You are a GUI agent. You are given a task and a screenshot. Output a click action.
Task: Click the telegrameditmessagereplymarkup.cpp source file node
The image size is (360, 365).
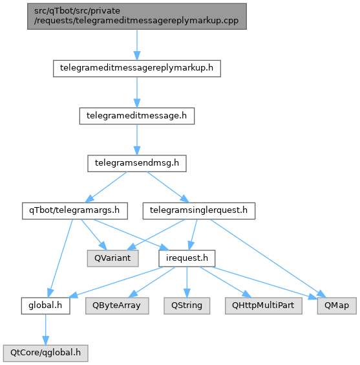click(137, 16)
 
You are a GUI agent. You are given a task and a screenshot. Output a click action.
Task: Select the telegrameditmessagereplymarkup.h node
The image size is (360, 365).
click(137, 69)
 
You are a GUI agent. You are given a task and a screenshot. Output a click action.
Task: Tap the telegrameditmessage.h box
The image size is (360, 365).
click(137, 116)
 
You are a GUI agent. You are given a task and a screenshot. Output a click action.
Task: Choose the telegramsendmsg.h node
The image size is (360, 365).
click(137, 164)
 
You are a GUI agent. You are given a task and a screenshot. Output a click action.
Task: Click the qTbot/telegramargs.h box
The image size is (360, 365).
click(75, 211)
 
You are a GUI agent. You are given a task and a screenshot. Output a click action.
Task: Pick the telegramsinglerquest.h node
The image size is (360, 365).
click(199, 211)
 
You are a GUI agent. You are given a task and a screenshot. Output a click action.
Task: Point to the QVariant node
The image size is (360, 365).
click(113, 258)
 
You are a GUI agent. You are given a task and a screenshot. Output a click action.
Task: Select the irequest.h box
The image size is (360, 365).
click(187, 258)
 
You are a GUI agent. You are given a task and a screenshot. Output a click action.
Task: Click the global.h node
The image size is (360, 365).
click(45, 306)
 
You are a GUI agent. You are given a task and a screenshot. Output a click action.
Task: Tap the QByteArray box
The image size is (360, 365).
click(117, 306)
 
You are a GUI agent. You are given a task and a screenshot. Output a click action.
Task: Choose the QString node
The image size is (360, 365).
click(187, 306)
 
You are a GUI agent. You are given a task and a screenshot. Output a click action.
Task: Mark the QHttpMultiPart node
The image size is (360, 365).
click(264, 306)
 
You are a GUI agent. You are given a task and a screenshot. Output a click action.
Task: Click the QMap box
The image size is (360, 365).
click(337, 306)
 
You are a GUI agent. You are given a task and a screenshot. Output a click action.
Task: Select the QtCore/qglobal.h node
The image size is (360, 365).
click(45, 353)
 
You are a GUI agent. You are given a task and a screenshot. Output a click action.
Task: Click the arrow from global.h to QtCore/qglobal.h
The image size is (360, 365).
click(45, 329)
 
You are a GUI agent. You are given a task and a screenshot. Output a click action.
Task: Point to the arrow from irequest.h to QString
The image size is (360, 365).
click(187, 282)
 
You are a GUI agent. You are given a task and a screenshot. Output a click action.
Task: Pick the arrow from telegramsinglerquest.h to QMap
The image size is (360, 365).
click(268, 258)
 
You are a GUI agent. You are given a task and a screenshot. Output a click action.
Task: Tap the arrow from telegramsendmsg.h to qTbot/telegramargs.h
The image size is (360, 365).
click(106, 187)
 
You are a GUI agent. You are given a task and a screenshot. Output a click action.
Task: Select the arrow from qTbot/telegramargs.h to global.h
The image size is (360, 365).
click(60, 258)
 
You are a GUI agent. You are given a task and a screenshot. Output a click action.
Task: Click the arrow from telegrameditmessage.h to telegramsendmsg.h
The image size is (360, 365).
click(137, 140)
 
